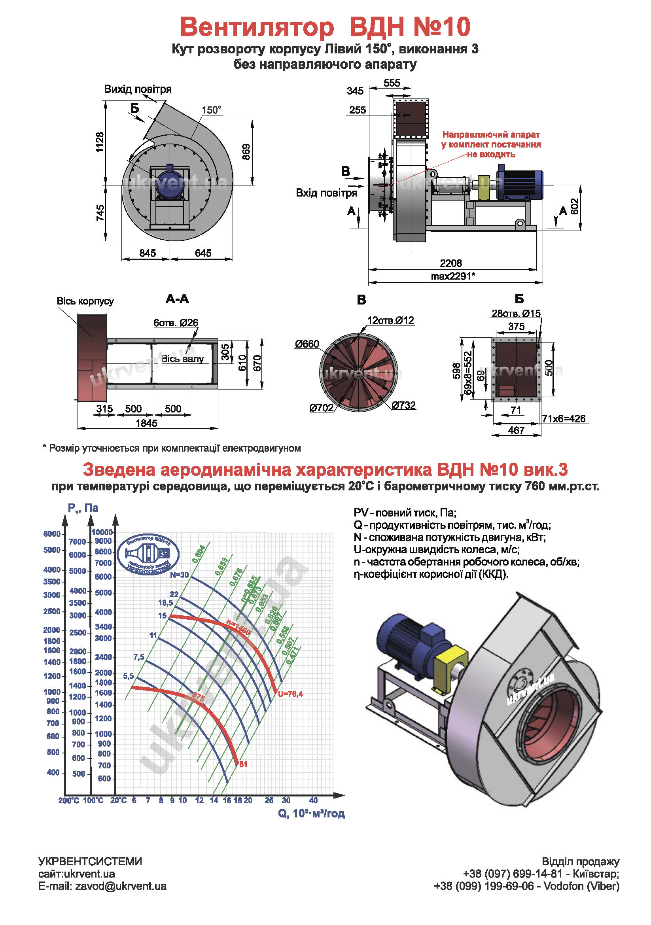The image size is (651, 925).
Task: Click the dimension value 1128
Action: pyautogui.click(x=100, y=142)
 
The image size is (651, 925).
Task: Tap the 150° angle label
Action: pyautogui.click(x=211, y=110)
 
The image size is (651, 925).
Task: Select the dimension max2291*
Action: pyautogui.click(x=453, y=276)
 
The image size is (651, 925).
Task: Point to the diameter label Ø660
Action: pyautogui.click(x=307, y=344)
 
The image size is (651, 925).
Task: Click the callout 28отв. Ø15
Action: pyautogui.click(x=516, y=314)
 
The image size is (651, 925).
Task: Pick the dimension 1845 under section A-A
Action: pyautogui.click(x=147, y=423)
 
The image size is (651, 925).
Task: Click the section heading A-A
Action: pyautogui.click(x=177, y=299)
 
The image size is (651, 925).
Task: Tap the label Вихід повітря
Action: pyautogui.click(x=138, y=89)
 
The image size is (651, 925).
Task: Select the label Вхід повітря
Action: pyautogui.click(x=326, y=193)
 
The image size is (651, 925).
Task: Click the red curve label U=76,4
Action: pyautogui.click(x=290, y=694)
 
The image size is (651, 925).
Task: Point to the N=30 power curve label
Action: pyautogui.click(x=179, y=575)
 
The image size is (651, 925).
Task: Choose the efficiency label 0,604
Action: pyautogui.click(x=199, y=554)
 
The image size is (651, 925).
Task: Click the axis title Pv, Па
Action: pyautogui.click(x=83, y=508)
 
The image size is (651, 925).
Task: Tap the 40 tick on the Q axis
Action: pyautogui.click(x=313, y=800)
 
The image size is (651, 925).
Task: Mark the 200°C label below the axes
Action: pyautogui.click(x=69, y=800)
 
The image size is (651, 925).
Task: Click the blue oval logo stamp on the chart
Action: pyautogui.click(x=148, y=554)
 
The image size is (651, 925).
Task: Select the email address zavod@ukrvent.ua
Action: pyautogui.click(x=121, y=886)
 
